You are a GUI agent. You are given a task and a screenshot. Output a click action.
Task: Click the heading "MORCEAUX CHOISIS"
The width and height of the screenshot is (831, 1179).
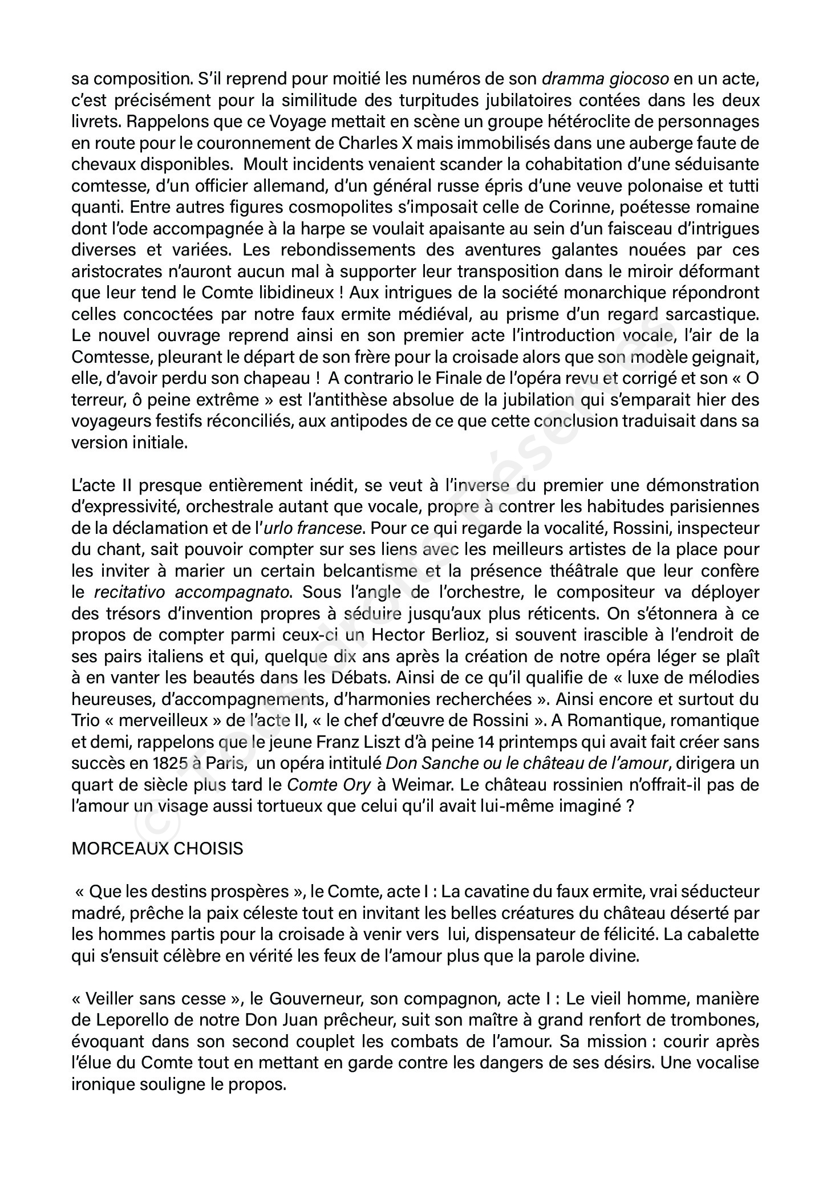tap(157, 848)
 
